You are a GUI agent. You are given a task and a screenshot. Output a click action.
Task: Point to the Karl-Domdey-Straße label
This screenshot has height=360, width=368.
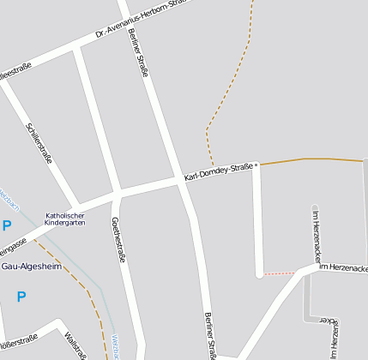(218, 171)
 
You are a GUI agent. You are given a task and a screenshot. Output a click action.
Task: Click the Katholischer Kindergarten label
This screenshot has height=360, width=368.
(65, 219)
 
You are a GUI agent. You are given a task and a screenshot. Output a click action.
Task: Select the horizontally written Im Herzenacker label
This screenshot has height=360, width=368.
(343, 268)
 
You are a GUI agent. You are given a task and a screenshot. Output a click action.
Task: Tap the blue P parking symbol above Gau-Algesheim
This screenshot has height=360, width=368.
(7, 226)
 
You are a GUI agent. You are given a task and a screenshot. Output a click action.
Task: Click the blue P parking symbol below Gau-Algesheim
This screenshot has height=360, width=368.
(21, 297)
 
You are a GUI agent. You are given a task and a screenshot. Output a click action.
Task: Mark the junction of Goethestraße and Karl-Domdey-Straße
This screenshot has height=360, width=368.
(116, 194)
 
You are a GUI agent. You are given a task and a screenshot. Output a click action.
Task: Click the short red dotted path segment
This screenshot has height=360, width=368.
(278, 273)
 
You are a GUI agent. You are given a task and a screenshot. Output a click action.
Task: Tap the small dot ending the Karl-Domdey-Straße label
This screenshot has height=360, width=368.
(256, 165)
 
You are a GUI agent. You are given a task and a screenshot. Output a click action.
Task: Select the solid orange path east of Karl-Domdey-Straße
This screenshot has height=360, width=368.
(309, 159)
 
